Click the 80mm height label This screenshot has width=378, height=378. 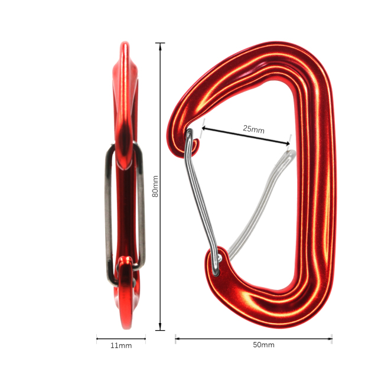click(x=155, y=186)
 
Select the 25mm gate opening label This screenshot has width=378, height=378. click(x=253, y=129)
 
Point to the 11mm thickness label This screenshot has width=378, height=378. click(x=121, y=345)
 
